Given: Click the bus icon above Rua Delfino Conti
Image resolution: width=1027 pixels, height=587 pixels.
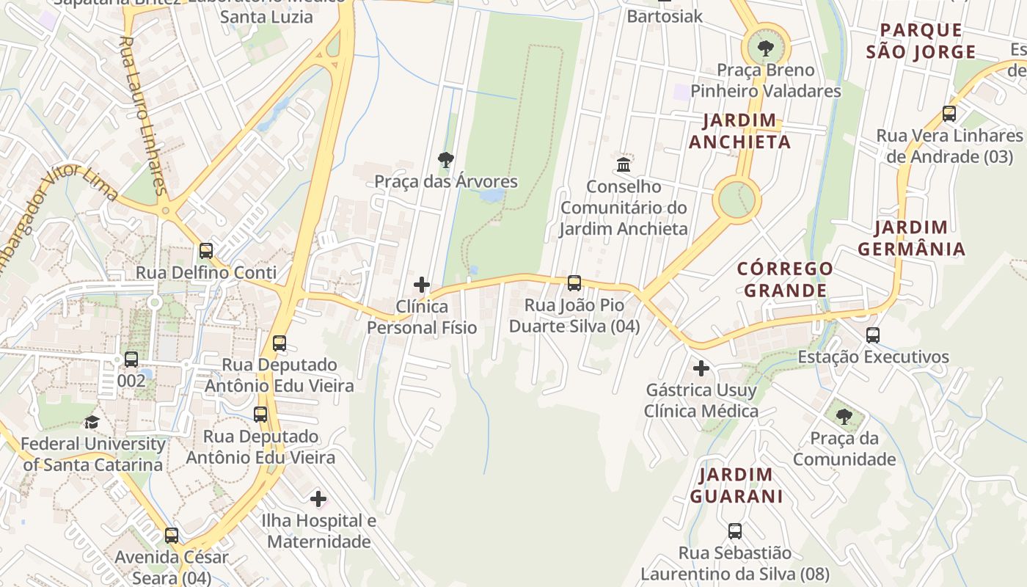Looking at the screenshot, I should click(x=206, y=251).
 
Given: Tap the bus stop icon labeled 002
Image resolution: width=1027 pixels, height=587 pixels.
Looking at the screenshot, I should click(x=131, y=360).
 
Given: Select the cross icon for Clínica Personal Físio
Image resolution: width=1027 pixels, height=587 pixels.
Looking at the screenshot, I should click(x=422, y=285).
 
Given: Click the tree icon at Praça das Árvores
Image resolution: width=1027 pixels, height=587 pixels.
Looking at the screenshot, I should click(x=445, y=160).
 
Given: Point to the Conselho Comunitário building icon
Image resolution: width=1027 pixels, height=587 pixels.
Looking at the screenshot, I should click(x=624, y=164).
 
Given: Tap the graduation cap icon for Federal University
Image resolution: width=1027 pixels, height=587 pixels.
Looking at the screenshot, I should click(x=92, y=422).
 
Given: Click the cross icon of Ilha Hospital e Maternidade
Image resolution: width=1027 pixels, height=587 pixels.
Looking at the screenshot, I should click(x=318, y=499).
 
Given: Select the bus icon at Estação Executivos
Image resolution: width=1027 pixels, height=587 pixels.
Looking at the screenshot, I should click(x=873, y=335).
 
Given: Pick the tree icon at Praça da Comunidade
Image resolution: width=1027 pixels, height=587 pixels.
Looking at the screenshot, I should click(x=844, y=417).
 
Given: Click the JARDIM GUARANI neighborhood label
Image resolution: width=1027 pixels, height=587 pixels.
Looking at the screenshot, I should click(x=736, y=485).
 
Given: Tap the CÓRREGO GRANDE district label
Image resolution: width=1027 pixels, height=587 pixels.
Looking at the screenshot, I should click(x=785, y=280).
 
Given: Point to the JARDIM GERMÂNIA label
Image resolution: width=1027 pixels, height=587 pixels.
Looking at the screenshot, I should click(x=912, y=238).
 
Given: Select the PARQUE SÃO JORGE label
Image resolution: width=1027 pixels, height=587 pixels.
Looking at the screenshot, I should click(x=921, y=41).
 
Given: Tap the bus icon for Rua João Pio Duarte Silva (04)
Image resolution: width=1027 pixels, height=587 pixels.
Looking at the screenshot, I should click(x=574, y=283).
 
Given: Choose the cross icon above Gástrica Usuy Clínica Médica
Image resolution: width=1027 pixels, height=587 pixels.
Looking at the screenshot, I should click(x=701, y=368).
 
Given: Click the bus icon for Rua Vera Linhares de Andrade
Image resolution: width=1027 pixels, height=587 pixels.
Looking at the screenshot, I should click(x=949, y=114).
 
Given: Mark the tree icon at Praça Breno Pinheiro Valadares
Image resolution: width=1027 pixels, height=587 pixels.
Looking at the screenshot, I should click(x=766, y=49).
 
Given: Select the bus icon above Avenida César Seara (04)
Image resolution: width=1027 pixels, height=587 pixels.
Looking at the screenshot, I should click(x=172, y=536).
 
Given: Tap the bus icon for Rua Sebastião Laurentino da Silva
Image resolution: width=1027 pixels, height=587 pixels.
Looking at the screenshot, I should click(x=735, y=531).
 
